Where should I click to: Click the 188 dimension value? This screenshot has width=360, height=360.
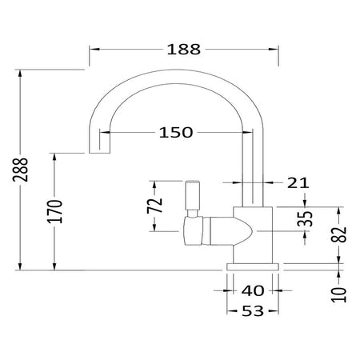click(x=184, y=50)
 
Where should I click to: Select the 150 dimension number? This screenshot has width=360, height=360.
click(x=176, y=133)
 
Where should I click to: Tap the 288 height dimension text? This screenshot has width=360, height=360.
click(x=21, y=170)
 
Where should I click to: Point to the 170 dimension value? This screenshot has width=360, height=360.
click(x=54, y=211)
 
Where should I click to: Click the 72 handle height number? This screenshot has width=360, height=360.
click(x=154, y=206)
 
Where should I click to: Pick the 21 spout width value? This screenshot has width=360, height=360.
click(x=298, y=183)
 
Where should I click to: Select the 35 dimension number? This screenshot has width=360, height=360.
click(x=305, y=218)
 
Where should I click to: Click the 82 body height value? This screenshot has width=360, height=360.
click(x=338, y=234)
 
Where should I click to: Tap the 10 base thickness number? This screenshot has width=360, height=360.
click(x=339, y=295)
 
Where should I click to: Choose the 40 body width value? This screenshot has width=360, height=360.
click(x=253, y=290)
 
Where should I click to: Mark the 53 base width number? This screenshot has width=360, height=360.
click(x=253, y=311)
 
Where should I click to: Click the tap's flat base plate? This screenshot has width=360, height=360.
click(x=253, y=267)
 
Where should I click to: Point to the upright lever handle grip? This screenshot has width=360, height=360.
click(x=193, y=195)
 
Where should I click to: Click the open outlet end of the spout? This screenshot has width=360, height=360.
click(x=99, y=153)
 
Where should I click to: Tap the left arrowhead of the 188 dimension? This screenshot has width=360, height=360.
click(x=94, y=50)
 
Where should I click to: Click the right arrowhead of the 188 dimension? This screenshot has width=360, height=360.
click(x=274, y=50)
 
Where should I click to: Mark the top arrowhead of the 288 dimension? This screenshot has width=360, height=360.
click(x=20, y=74)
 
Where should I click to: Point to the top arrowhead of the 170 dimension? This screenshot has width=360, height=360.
click(x=54, y=158)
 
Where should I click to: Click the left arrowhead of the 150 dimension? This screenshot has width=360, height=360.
click(x=105, y=132)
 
